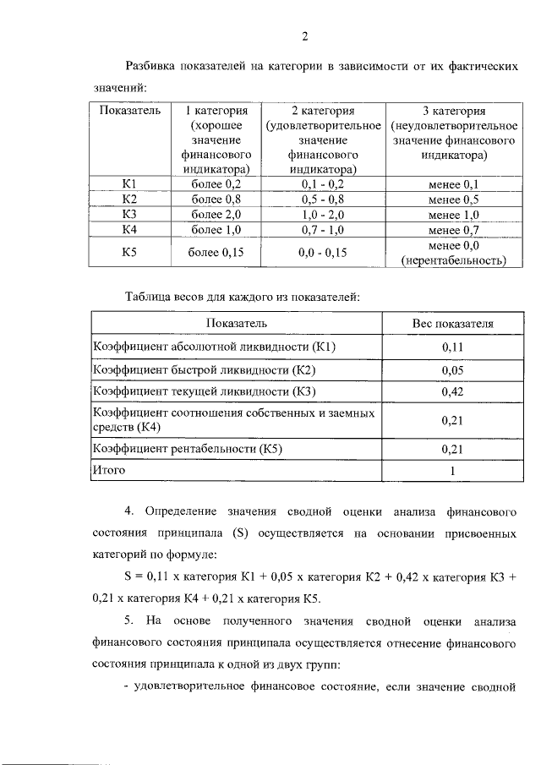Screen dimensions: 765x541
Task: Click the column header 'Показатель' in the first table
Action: coord(123,111)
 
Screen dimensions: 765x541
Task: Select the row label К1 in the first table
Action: coord(128,184)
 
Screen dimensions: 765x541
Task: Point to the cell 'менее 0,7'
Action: coord(453,230)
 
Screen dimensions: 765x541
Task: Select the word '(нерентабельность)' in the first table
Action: coord(453,260)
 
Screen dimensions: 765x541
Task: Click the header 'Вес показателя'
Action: coord(453,323)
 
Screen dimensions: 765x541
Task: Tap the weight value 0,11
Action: coord(453,347)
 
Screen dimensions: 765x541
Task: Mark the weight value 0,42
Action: coord(453,392)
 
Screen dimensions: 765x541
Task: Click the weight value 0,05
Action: coord(453,369)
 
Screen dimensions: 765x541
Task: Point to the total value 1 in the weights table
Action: coord(453,471)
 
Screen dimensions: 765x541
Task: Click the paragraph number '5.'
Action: coord(128,621)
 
